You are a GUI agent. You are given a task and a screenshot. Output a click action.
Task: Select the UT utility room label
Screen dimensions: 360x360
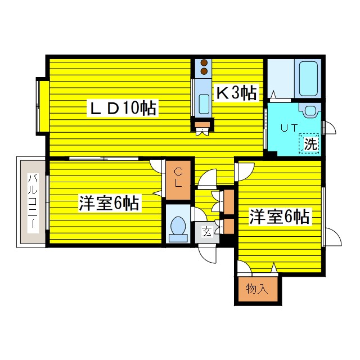pyautogui.click(x=289, y=128)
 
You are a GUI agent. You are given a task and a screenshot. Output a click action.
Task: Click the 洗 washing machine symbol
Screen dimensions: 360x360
pyautogui.click(x=310, y=144)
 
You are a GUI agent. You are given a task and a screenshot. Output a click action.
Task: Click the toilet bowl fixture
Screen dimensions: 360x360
pyautogui.click(x=178, y=226)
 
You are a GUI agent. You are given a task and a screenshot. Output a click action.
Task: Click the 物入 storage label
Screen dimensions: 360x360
pyautogui.click(x=256, y=289)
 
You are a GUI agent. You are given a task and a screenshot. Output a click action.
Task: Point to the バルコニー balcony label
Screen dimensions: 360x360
pyautogui.click(x=31, y=200)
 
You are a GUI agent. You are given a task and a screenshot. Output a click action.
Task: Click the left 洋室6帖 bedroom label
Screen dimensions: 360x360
pyautogui.click(x=109, y=203)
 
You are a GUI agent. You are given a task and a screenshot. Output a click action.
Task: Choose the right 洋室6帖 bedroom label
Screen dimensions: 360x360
pyautogui.click(x=280, y=217)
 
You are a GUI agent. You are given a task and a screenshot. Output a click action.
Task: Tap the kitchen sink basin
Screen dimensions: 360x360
pyautogui.click(x=204, y=104)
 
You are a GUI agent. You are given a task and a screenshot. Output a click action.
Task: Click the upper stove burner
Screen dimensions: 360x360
pyautogui.click(x=204, y=64)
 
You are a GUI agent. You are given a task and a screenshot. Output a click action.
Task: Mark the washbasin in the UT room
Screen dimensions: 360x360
pyautogui.click(x=310, y=110)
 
